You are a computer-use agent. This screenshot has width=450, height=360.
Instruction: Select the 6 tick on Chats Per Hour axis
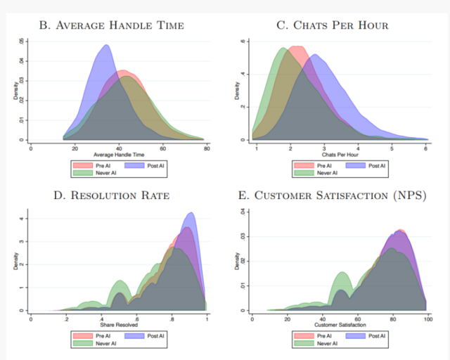[426, 148]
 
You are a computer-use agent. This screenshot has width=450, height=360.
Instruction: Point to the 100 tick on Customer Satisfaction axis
[425, 319]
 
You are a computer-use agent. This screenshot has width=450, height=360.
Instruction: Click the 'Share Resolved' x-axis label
[119, 326]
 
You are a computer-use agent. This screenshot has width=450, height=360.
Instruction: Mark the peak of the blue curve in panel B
[106, 46]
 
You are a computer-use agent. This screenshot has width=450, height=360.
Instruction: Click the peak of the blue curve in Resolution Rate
[191, 213]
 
